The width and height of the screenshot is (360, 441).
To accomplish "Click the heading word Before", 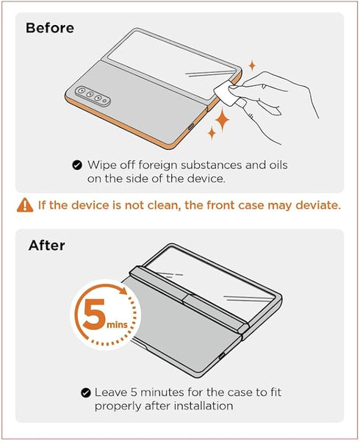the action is coord(50,28).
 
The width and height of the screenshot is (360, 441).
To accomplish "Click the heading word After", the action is coord(46,245).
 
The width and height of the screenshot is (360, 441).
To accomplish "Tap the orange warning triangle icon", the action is coord(25,205).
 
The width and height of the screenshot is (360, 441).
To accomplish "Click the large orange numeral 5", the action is coord(95,314).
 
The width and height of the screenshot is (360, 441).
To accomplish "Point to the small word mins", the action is coord(118,325).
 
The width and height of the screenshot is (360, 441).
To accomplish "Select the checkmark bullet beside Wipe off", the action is coord(77,165).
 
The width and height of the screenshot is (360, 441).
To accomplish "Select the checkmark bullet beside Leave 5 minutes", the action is coord(86,392).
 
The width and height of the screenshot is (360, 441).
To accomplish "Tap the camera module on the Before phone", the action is coord(93,96).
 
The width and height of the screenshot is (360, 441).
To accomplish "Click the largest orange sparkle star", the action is coord(222,120).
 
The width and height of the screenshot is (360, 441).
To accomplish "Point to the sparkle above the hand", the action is coord(252,65).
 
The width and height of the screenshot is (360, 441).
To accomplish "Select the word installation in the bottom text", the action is coord(204,406).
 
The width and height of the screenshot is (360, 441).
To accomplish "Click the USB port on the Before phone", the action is coord(191,126).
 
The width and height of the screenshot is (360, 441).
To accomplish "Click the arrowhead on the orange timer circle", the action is coord(123,290).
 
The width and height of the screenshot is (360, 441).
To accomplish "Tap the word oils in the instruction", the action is coord(278,165).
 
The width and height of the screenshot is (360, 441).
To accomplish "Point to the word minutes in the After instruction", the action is coord(162,392).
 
